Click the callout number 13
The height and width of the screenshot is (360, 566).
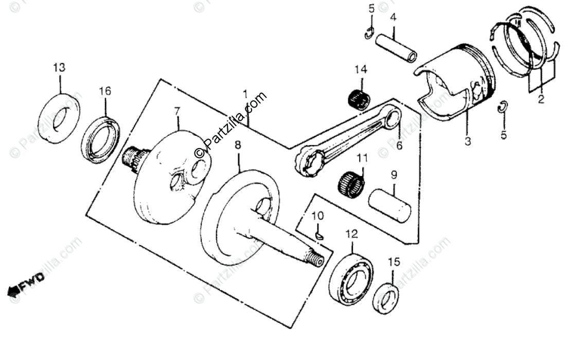(59, 67)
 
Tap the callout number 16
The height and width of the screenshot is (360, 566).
(105, 91)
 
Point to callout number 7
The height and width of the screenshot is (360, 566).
(177, 111)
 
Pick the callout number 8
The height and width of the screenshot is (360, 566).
(237, 146)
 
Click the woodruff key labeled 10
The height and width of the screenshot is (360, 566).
(319, 236)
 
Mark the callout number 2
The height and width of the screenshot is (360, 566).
(541, 100)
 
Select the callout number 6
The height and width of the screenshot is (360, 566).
(399, 146)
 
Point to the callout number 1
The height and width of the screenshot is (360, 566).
(245, 95)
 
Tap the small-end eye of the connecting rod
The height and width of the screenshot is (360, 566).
(393, 119)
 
